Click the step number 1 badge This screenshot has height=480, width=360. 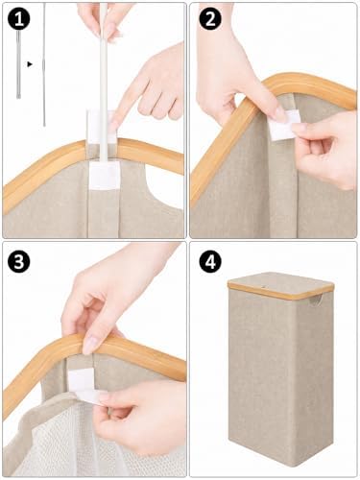[x=18, y=19]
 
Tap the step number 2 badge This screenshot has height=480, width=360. [x=210, y=19]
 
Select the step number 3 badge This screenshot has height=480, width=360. [x=18, y=261]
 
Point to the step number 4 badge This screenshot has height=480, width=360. [x=210, y=261]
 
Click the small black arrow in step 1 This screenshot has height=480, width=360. [x=30, y=64]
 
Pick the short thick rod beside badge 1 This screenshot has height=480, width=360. [x=18, y=64]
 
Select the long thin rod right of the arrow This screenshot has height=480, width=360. [x=44, y=64]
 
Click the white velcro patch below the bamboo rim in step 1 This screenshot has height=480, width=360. [x=104, y=175]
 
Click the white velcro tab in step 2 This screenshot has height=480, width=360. [x=283, y=126]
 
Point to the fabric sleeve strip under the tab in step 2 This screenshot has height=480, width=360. [x=281, y=185]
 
